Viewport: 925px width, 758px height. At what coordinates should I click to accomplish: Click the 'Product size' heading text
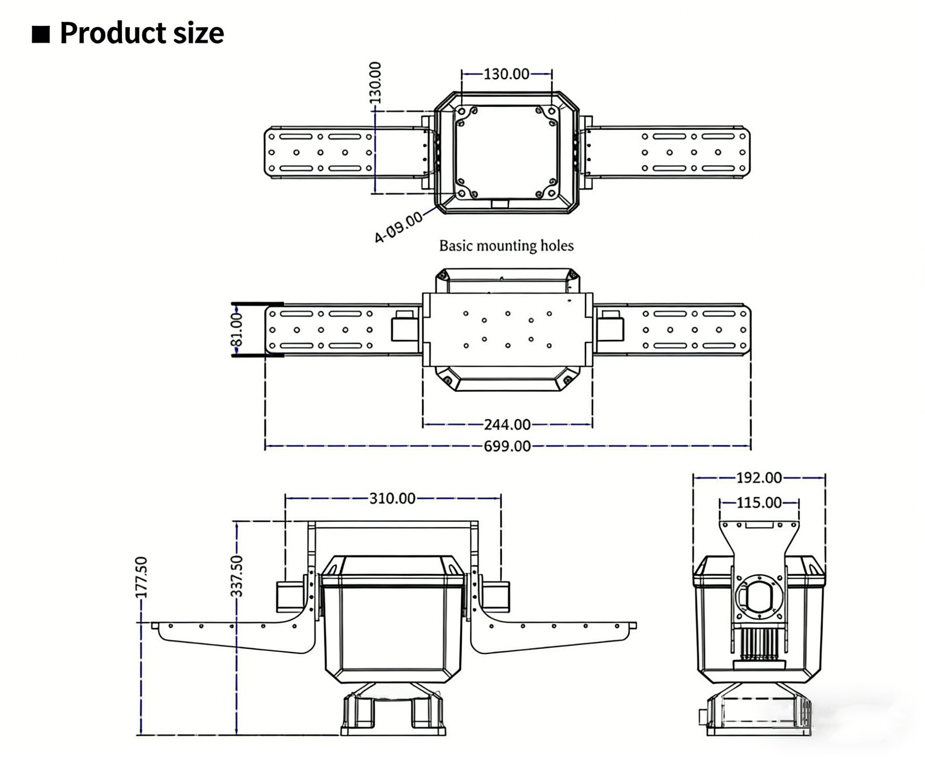coord(141,33)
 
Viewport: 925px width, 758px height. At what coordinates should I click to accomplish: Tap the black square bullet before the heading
coord(41,34)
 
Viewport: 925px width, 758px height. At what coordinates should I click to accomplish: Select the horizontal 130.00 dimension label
coord(506,74)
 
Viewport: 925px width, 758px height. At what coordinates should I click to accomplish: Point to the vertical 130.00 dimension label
coord(375,83)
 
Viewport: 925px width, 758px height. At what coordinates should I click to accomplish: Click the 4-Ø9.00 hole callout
coord(398,227)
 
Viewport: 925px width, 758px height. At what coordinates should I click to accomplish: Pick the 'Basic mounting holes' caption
coord(506,246)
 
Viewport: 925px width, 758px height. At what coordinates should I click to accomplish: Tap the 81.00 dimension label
coord(237,329)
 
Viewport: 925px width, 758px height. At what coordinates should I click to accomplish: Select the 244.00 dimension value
coord(507,425)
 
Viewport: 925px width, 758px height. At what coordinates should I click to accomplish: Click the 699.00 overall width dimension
coord(507,446)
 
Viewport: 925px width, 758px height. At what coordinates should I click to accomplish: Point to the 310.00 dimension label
coord(392,499)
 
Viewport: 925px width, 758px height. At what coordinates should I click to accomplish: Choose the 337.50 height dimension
coord(237,576)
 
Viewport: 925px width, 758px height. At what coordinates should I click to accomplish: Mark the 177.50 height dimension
coord(141,577)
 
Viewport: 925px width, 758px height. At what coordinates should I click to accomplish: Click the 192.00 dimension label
coord(759,478)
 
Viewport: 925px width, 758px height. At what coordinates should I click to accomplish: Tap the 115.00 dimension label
coord(759,503)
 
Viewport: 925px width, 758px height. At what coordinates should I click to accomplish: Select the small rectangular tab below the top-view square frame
coord(500,204)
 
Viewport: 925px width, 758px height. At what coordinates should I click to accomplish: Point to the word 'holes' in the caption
coord(557,246)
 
